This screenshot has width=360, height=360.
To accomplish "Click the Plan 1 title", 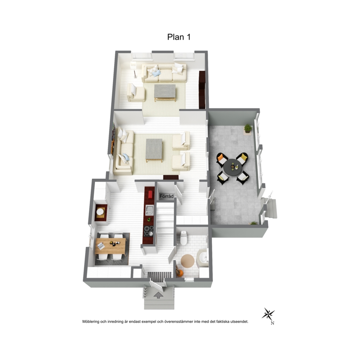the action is click(x=179, y=37).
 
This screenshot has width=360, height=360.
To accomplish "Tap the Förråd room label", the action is click(x=167, y=196).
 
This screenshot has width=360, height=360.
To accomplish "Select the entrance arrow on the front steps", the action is click(x=159, y=295).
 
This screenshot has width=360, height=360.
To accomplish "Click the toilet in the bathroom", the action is click(x=183, y=238).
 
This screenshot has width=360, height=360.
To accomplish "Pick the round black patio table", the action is click(x=232, y=167).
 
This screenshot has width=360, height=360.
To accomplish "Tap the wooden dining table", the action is click(x=110, y=246).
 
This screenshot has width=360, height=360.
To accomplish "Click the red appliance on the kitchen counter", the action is click(x=151, y=194).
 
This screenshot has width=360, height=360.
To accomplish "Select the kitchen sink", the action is click(x=150, y=210).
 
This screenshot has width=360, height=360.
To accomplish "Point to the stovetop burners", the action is click(x=148, y=231).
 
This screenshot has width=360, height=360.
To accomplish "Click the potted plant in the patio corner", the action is click(x=248, y=129).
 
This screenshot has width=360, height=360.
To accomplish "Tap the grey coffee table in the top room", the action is click(x=165, y=93).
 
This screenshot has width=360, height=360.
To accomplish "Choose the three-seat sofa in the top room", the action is click(x=164, y=73).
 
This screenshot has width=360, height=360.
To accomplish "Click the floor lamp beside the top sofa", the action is click(x=134, y=69).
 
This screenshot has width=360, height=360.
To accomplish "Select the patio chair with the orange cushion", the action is click(x=222, y=160).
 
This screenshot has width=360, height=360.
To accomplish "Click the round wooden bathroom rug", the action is click(x=188, y=261).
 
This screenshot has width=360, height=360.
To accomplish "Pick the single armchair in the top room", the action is click(x=136, y=93).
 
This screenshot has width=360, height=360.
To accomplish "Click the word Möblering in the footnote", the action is click(x=91, y=322).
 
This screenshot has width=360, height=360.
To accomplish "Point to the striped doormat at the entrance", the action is click(x=159, y=275).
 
